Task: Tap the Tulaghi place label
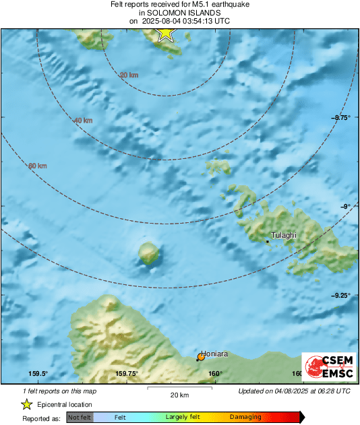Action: pyautogui.click(x=284, y=236)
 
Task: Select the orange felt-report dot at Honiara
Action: pyautogui.click(x=201, y=356)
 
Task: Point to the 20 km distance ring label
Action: pyautogui.click(x=129, y=75)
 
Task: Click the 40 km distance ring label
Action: pyautogui.click(x=83, y=121)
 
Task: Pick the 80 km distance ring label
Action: pyautogui.click(x=38, y=166)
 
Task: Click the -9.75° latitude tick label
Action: pyautogui.click(x=341, y=118)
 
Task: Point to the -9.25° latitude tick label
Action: pyautogui.click(x=341, y=295)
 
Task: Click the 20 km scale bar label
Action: pyautogui.click(x=179, y=394)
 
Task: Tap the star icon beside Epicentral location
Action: pyautogui.click(x=26, y=404)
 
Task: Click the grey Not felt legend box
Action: pyautogui.click(x=80, y=418)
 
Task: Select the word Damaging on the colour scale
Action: pyautogui.click(x=245, y=418)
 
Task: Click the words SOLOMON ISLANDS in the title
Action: pyautogui.click(x=179, y=13)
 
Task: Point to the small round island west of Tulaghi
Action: pyautogui.click(x=149, y=253)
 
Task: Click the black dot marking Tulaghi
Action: pyautogui.click(x=268, y=241)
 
